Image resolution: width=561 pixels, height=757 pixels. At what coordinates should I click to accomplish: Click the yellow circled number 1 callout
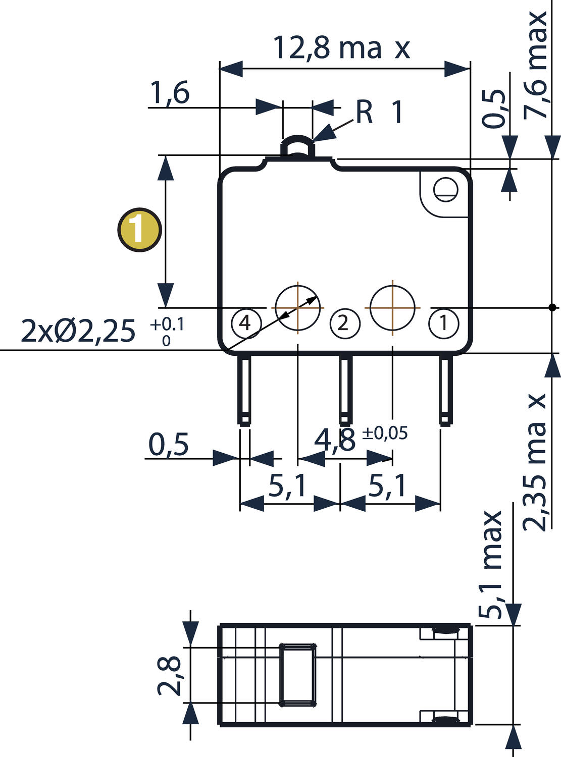[139, 230]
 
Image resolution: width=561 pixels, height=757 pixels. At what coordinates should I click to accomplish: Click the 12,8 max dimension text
[341, 48]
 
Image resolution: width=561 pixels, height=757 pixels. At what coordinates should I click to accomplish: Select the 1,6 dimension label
[170, 93]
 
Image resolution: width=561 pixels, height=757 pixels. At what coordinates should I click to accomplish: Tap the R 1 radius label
[379, 112]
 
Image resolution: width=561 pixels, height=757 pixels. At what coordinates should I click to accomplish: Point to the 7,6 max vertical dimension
[535, 66]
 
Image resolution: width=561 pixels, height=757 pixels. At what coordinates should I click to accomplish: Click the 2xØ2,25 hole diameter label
[78, 332]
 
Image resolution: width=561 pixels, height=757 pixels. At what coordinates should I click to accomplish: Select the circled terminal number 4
[245, 322]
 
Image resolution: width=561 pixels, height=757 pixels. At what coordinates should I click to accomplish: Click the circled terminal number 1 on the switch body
[444, 323]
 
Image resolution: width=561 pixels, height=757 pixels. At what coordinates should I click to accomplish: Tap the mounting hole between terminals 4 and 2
[298, 307]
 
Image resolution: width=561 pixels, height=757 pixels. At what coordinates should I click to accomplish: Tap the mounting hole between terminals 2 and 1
[393, 307]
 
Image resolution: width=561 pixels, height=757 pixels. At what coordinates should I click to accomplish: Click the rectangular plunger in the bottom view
[298, 674]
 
